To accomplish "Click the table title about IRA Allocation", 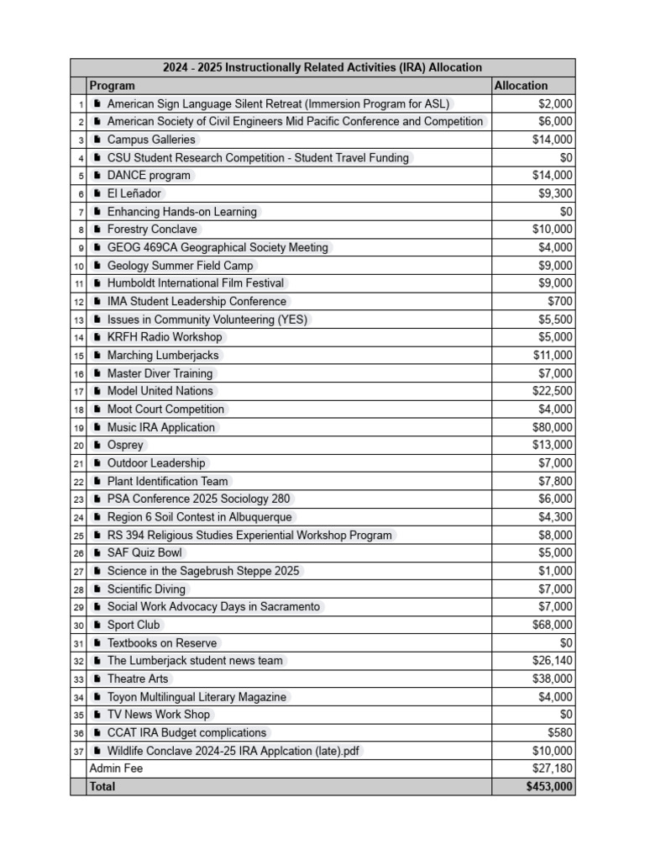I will pyautogui.click(x=322, y=67).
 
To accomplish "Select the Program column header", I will pyautogui.click(x=112, y=86).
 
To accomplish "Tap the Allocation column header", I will pyautogui.click(x=521, y=86).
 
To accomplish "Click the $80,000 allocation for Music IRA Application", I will pyautogui.click(x=553, y=427).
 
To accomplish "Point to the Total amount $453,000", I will pyautogui.click(x=549, y=787).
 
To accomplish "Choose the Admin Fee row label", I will pyautogui.click(x=116, y=769).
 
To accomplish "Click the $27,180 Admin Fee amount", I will pyautogui.click(x=553, y=769).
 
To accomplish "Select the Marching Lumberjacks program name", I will pyautogui.click(x=162, y=356).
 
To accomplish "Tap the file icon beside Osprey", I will pyautogui.click(x=97, y=445).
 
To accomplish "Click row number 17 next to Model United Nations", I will pyautogui.click(x=78, y=392).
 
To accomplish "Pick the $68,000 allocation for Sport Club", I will pyautogui.click(x=553, y=625).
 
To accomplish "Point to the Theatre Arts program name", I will pyautogui.click(x=138, y=679).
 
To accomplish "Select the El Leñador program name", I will pyautogui.click(x=134, y=193).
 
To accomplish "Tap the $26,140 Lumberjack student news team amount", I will pyautogui.click(x=553, y=661).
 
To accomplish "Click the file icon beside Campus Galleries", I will pyautogui.click(x=97, y=140).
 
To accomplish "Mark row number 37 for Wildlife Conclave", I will pyautogui.click(x=78, y=751).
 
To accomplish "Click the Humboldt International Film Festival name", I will pyautogui.click(x=196, y=283).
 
